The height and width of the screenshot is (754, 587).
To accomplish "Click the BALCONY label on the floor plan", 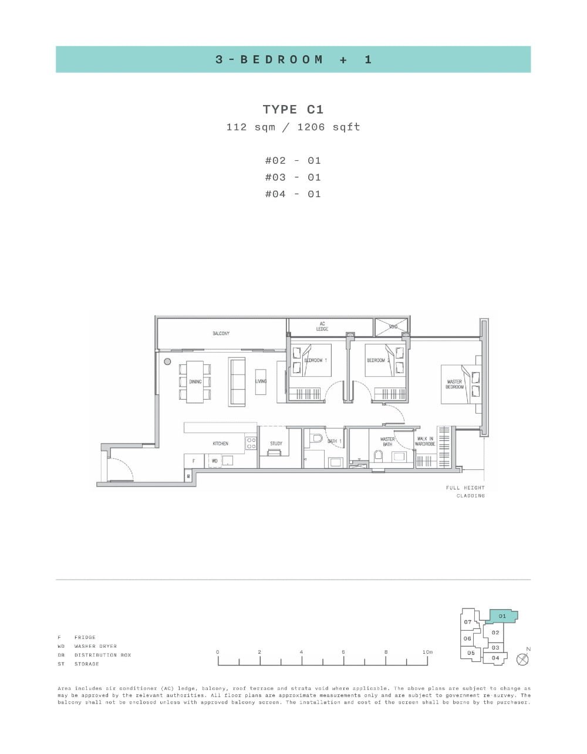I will pyautogui.click(x=221, y=333).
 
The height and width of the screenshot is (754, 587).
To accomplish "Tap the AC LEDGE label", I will pyautogui.click(x=322, y=326).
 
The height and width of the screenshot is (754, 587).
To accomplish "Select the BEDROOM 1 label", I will pyautogui.click(x=315, y=360).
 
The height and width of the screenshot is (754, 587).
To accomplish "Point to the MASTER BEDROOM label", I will pyautogui.click(x=454, y=384).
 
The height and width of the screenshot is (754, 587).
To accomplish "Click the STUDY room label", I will pyautogui.click(x=276, y=444).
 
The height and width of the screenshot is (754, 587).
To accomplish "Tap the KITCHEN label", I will pyautogui.click(x=220, y=444).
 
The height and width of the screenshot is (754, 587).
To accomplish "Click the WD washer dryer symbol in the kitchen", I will pyautogui.click(x=215, y=461).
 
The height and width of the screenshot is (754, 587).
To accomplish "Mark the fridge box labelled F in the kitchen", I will pyautogui.click(x=193, y=461).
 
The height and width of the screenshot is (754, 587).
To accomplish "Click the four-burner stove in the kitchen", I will pyautogui.click(x=251, y=443).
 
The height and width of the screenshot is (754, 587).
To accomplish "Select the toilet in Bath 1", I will pyautogui.click(x=317, y=438).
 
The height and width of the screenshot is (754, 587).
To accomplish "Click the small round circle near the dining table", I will pyautogui.click(x=167, y=361).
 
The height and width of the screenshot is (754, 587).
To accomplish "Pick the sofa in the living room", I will pyautogui.click(x=237, y=381).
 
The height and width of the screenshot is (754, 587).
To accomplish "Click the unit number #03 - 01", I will pyautogui.click(x=293, y=177).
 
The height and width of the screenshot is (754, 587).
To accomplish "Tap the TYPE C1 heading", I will pyautogui.click(x=293, y=110).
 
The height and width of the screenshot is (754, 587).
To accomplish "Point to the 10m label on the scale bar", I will pyautogui.click(x=427, y=652).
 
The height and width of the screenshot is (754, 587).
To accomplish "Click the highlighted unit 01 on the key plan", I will pyautogui.click(x=502, y=616).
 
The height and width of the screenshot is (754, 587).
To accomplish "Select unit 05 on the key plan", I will pyautogui.click(x=471, y=652).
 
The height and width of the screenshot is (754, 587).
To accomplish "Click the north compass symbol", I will pyautogui.click(x=522, y=659).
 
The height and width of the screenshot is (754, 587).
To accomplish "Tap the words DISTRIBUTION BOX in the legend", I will pyautogui.click(x=103, y=655).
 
